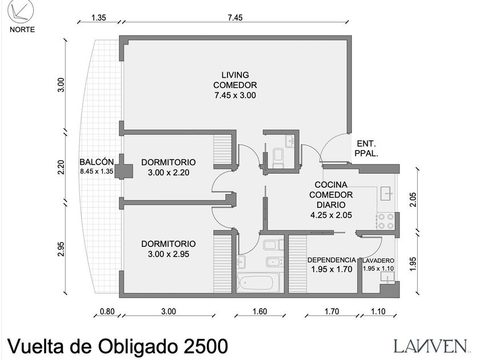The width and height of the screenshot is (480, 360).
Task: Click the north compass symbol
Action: pos(21,11)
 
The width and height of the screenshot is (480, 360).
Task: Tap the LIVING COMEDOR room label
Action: pos(235,80)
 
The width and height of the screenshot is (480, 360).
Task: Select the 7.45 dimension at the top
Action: pos(235,18)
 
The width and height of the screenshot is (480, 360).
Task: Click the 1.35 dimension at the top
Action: pos(98,18)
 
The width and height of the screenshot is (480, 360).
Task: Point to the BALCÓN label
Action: pos(97,162)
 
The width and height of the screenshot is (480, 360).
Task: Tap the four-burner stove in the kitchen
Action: pos(386,221)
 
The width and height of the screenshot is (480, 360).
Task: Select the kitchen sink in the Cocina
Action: pos(388,194)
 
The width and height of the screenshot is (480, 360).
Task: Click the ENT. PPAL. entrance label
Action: pos(366,149)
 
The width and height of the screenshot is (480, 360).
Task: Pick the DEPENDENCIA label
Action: pos(331,260)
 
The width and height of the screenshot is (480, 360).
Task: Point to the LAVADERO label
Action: pos(378,261)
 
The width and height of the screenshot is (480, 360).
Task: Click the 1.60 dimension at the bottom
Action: pos(259,311)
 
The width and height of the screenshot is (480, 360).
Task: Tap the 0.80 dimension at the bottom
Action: pos(107,311)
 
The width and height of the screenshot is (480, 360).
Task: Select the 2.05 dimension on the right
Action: pos(413,199)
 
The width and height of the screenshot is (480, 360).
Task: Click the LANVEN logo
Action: pos(430,346)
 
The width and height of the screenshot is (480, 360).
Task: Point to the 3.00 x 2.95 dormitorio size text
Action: pos(169,254)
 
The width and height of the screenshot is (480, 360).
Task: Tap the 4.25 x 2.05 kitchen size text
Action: pos(331,215)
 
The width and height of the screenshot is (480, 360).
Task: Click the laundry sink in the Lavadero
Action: pos(387,277)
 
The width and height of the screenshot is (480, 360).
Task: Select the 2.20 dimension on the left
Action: pos(61,167)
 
